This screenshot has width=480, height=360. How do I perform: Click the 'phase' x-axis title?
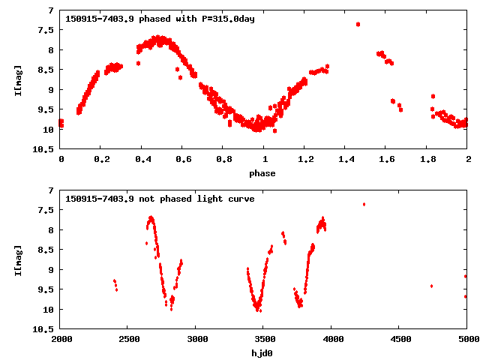262,173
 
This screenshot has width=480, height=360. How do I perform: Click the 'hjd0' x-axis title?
262,353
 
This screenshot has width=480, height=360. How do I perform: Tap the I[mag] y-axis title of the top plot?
18,79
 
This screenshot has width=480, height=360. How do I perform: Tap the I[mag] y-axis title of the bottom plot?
18,259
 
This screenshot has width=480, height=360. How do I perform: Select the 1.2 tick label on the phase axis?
304,160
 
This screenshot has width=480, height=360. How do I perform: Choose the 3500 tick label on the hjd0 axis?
263,340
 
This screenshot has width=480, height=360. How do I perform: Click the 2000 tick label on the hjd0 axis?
61,340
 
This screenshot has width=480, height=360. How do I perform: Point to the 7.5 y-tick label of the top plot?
46,30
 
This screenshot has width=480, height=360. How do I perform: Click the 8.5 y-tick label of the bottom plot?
46,250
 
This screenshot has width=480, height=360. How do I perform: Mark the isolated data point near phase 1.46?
358,24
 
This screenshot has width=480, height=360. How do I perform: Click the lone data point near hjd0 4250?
364,204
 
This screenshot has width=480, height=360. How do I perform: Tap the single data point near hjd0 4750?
431,286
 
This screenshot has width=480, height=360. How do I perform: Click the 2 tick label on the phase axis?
467,160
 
